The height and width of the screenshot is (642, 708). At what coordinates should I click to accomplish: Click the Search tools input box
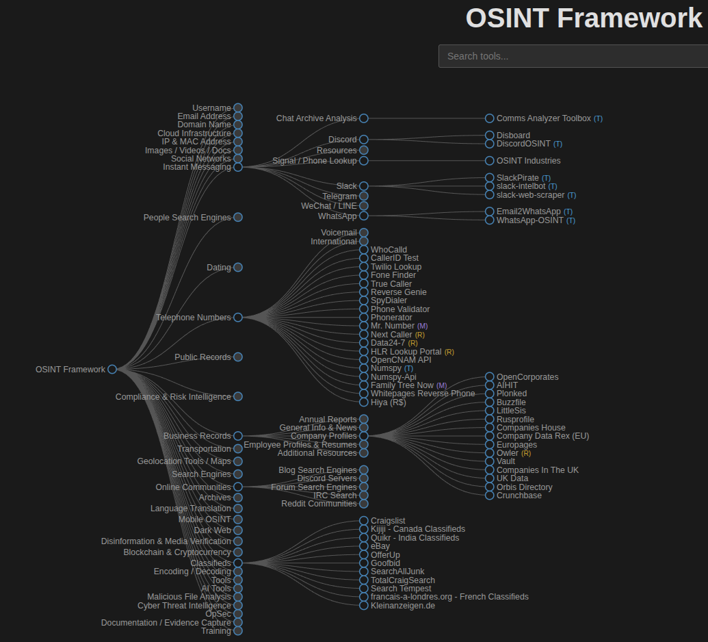(x=573, y=56)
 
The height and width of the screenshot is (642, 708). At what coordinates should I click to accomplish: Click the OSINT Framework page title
(x=584, y=18)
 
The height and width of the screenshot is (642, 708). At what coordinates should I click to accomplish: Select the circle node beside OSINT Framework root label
(x=112, y=369)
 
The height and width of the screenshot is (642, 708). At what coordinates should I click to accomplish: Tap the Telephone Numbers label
(x=193, y=318)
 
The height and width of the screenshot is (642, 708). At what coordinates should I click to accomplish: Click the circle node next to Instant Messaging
(x=238, y=167)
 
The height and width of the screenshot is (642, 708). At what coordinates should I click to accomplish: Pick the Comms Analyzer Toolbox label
(x=543, y=118)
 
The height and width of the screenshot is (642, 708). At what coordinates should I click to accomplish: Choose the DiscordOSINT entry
(x=523, y=144)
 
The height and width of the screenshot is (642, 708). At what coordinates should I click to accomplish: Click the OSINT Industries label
(x=528, y=161)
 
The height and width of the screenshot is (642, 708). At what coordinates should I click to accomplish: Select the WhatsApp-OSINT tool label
(x=529, y=220)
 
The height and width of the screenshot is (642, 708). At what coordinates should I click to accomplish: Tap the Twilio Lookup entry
(x=395, y=267)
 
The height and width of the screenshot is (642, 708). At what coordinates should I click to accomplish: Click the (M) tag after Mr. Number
(x=422, y=326)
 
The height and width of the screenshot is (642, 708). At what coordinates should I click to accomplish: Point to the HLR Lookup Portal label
(x=406, y=352)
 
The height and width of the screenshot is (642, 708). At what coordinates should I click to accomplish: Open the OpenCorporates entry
(x=527, y=377)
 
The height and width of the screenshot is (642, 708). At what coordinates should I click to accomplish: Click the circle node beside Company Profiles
(x=364, y=436)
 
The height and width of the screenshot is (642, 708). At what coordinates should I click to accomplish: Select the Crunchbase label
(x=519, y=496)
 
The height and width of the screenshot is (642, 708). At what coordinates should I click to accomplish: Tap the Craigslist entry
(x=388, y=521)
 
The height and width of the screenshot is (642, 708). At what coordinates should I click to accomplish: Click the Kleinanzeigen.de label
(x=402, y=606)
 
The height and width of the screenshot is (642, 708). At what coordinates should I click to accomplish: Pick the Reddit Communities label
(x=319, y=504)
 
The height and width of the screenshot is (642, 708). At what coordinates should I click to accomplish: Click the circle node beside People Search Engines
(x=238, y=218)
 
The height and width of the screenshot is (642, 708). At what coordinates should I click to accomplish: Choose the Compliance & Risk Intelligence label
(x=173, y=397)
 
